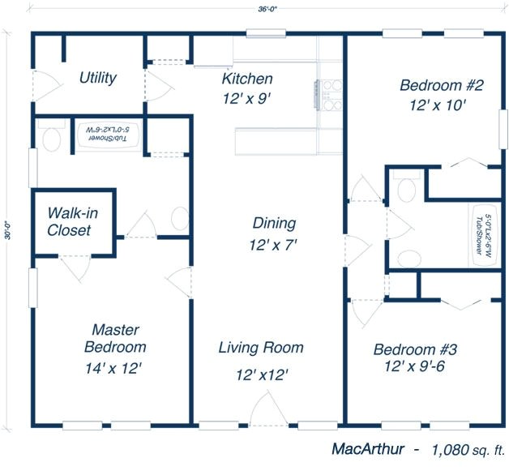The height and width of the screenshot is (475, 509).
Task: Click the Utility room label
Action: [x=97, y=79]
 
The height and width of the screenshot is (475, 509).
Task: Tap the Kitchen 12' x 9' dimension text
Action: [x=246, y=97]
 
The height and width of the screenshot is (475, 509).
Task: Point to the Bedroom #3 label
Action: [x=415, y=349]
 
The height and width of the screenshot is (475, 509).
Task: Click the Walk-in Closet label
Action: [x=69, y=221]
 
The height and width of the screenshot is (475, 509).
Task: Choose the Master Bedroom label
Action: [x=115, y=338]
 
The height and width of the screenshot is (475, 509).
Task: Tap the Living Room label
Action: [x=261, y=348]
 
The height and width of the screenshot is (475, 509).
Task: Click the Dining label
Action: [x=274, y=224]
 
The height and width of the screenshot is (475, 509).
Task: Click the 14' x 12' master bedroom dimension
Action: [x=114, y=367]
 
